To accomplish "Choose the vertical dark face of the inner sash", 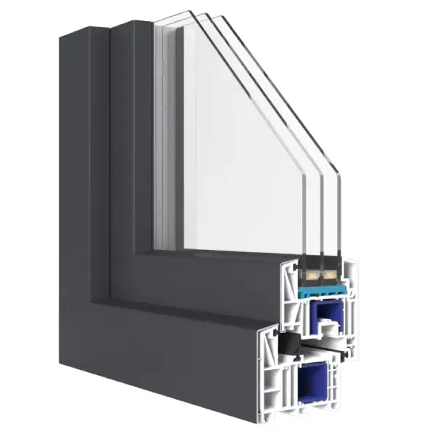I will [x=131, y=160].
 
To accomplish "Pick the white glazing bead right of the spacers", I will [x=349, y=284].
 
